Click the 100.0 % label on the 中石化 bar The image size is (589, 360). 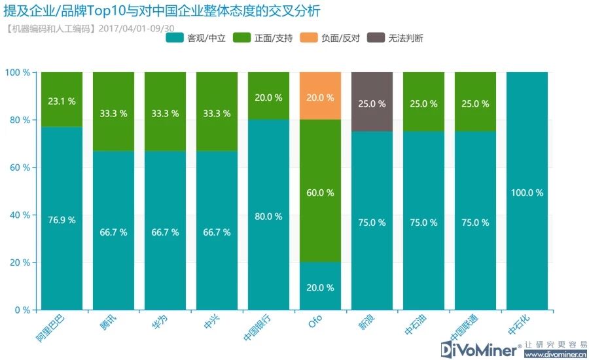pyautogui.click(x=527, y=192)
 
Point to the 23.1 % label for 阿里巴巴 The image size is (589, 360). pyautogui.click(x=62, y=101)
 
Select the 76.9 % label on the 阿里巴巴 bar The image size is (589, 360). pyautogui.click(x=62, y=220)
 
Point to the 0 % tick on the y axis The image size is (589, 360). pyautogui.click(x=22, y=310)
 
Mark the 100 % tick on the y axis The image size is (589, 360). pyautogui.click(x=18, y=72)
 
